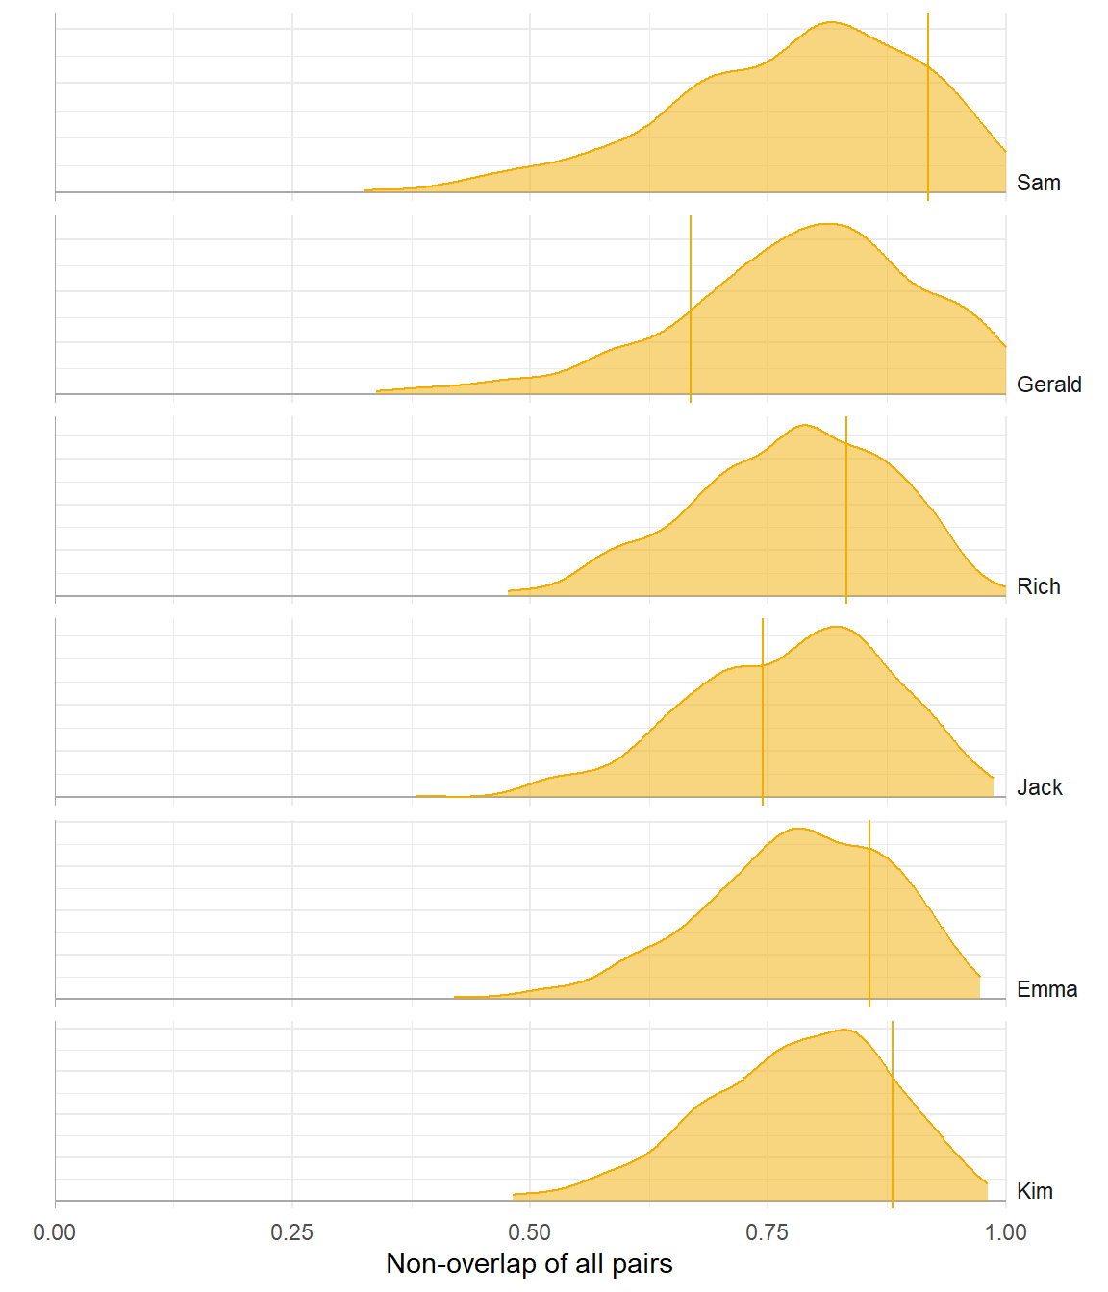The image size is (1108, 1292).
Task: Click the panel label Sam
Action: pos(1038,183)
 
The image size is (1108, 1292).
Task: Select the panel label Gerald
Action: pos(1048,385)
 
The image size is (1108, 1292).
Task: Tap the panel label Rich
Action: pos(1038,586)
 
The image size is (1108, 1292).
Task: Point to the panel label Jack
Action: pos(1039,787)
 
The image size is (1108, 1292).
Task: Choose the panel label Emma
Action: pos(1046,989)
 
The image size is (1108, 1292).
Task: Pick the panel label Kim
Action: pos(1034,1191)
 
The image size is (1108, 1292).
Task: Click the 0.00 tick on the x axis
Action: pos(55,1232)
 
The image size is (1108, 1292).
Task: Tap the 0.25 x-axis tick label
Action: pos(292,1232)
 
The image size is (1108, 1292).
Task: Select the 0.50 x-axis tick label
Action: pos(530,1232)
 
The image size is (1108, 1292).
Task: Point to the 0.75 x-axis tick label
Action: pos(768,1232)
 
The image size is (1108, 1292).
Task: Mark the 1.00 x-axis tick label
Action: pos(1005,1232)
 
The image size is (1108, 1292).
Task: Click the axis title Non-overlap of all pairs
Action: pos(529,1263)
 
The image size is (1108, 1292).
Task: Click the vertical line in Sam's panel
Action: pos(928,106)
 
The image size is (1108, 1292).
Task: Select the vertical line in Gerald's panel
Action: pos(691,308)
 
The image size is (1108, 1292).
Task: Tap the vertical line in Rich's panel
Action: pos(846,509)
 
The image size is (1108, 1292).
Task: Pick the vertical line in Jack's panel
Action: pos(763,711)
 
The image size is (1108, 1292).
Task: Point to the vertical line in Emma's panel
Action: pos(869,913)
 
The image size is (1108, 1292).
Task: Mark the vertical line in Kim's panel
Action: pos(893,1115)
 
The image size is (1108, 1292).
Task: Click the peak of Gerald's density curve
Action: pos(827,224)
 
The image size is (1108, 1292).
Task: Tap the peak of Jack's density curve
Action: pos(836,627)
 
